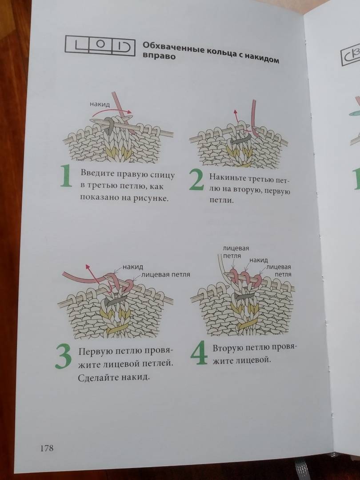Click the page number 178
click(47, 448)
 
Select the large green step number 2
click(196, 180)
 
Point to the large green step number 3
click(64, 356)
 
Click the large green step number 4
click(199, 354)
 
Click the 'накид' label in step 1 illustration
click(100, 104)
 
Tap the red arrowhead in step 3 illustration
click(88, 267)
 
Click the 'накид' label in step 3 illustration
click(133, 267)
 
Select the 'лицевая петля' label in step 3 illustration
click(165, 274)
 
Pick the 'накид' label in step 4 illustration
click(259, 260)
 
